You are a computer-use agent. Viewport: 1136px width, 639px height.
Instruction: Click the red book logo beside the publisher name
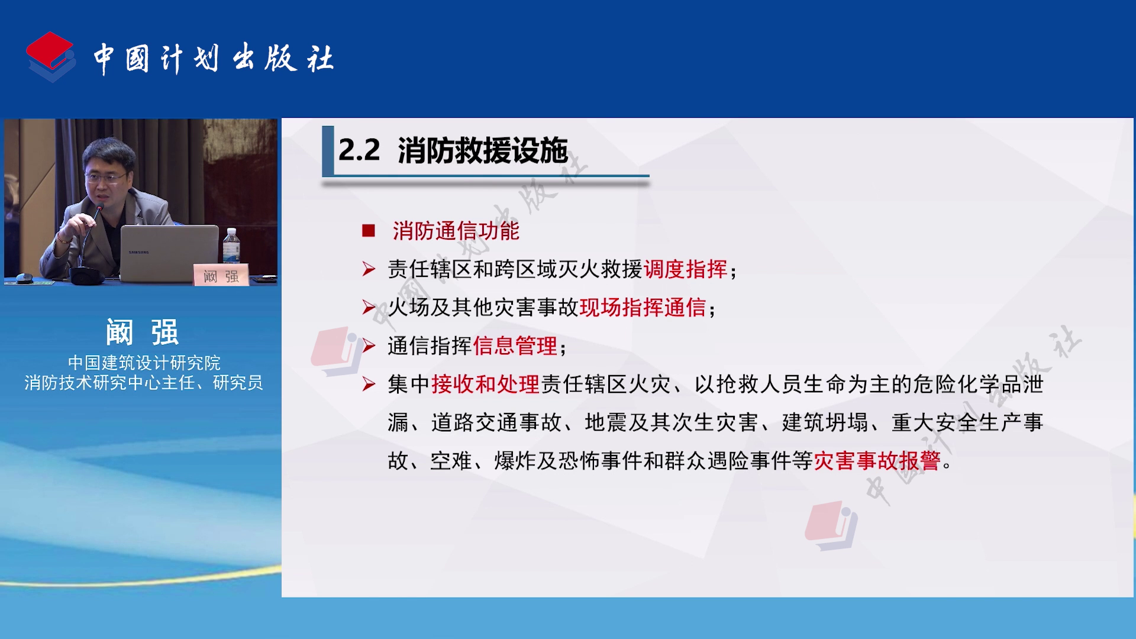pyautogui.click(x=51, y=57)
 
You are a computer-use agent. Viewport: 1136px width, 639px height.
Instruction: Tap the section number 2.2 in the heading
pyautogui.click(x=359, y=150)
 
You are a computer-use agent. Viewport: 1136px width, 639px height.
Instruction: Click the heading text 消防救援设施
pyautogui.click(x=483, y=150)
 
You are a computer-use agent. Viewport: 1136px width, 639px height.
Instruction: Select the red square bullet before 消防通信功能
pyautogui.click(x=369, y=231)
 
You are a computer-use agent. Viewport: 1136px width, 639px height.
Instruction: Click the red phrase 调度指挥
pyautogui.click(x=685, y=269)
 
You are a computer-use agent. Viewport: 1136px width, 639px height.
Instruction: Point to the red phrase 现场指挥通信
pyautogui.click(x=643, y=308)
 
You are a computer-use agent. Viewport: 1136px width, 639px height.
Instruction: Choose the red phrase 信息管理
pyautogui.click(x=515, y=346)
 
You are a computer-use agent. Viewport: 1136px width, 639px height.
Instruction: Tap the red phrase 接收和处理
pyautogui.click(x=485, y=385)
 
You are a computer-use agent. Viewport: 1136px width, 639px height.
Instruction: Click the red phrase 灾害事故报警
pyautogui.click(x=877, y=461)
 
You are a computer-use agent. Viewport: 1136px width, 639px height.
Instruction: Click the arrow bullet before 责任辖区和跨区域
pyautogui.click(x=369, y=270)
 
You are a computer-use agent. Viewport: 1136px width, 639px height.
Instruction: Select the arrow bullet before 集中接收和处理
pyautogui.click(x=369, y=385)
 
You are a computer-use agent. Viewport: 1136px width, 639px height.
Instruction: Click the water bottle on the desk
pyautogui.click(x=231, y=246)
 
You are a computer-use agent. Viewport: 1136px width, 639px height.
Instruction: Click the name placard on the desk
pyautogui.click(x=221, y=275)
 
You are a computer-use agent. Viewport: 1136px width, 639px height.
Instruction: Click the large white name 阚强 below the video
pyautogui.click(x=142, y=332)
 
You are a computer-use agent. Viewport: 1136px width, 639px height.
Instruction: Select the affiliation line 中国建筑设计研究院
pyautogui.click(x=144, y=362)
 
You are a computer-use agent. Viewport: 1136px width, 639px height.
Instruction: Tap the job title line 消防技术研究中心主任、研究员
pyautogui.click(x=144, y=383)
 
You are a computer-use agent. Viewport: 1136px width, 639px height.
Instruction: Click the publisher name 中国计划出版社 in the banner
pyautogui.click(x=214, y=59)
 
